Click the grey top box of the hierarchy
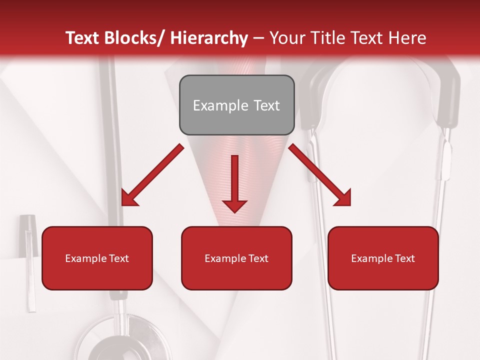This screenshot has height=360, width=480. click(236, 105)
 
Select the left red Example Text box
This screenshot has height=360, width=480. click(97, 258)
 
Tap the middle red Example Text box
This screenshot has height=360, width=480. click(236, 258)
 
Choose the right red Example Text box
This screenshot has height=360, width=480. click(383, 258)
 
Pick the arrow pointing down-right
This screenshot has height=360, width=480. click(320, 175)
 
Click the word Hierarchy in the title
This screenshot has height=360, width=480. click(209, 38)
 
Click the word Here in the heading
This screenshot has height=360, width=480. click(407, 38)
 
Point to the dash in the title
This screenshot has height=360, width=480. click(259, 38)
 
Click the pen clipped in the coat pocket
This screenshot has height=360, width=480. click(29, 260)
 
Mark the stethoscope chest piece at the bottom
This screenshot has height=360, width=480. click(115, 340)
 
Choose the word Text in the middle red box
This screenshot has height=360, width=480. click(257, 258)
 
